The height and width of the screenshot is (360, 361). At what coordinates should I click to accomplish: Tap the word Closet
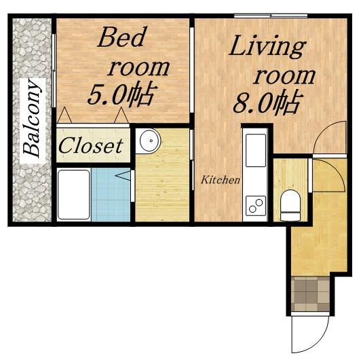tap(91, 145)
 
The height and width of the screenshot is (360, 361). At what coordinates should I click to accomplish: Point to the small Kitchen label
tap(221, 180)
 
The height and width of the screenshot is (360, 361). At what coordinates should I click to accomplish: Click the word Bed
tap(122, 37)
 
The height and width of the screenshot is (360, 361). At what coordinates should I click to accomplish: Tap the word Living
tap(267, 48)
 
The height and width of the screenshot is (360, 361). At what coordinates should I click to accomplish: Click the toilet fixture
tap(290, 205)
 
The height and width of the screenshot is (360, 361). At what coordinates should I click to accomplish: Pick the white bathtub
tap(74, 195)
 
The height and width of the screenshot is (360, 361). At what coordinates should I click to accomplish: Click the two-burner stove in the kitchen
tap(256, 206)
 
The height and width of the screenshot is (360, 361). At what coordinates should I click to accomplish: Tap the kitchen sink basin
tap(256, 150)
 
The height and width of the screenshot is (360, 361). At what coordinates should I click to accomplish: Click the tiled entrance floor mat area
tap(310, 294)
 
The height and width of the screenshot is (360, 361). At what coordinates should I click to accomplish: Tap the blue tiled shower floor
tap(111, 195)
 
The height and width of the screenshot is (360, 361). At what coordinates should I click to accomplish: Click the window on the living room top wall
tap(271, 16)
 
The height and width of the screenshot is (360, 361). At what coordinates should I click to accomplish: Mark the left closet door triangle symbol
tap(64, 115)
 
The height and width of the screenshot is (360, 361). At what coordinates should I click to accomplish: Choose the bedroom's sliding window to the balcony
tap(54, 71)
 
